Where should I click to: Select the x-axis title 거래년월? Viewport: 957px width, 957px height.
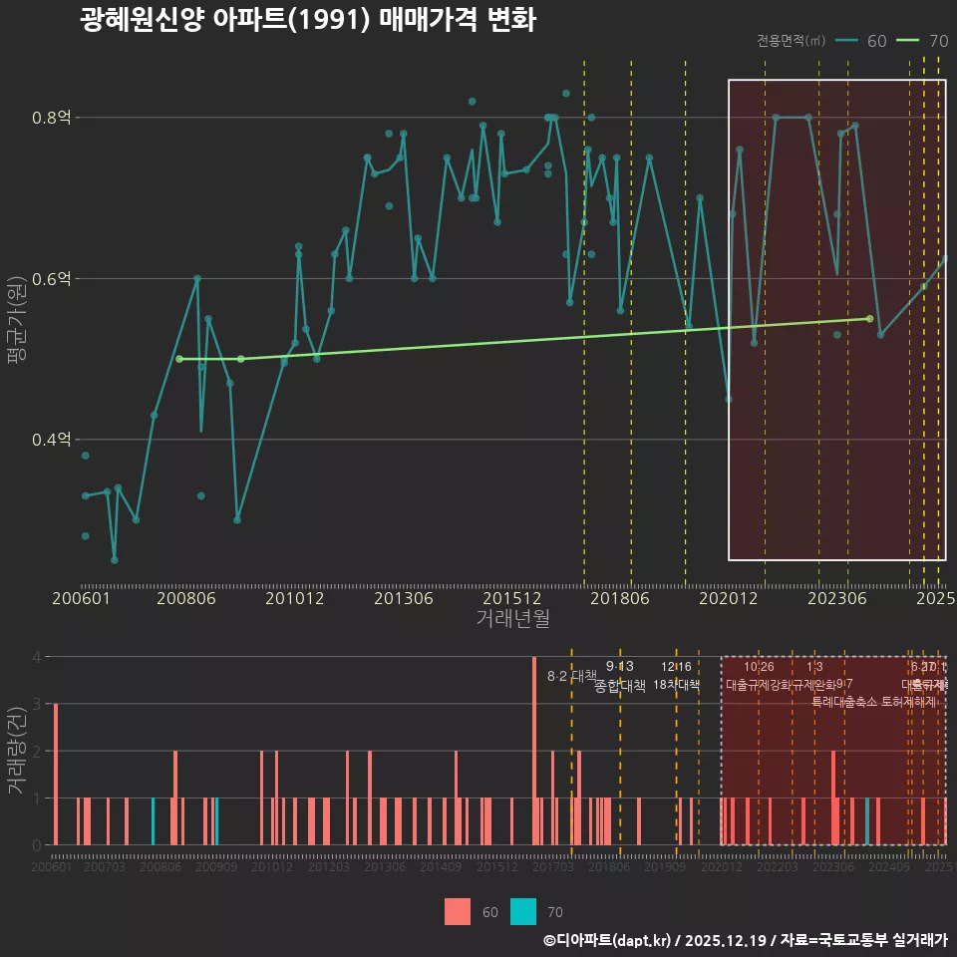click(512, 619)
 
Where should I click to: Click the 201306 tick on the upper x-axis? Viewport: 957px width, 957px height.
click(404, 599)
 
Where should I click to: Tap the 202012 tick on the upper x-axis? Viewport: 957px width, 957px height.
click(728, 599)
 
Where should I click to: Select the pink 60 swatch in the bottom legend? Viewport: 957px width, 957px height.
click(458, 911)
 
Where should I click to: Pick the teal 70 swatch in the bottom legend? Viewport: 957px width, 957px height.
click(523, 911)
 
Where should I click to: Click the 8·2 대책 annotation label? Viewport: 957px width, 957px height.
click(571, 676)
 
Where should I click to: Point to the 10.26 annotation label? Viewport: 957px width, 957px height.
click(759, 667)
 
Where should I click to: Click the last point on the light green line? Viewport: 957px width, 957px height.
click(869, 319)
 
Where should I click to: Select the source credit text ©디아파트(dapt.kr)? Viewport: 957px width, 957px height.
click(608, 940)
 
